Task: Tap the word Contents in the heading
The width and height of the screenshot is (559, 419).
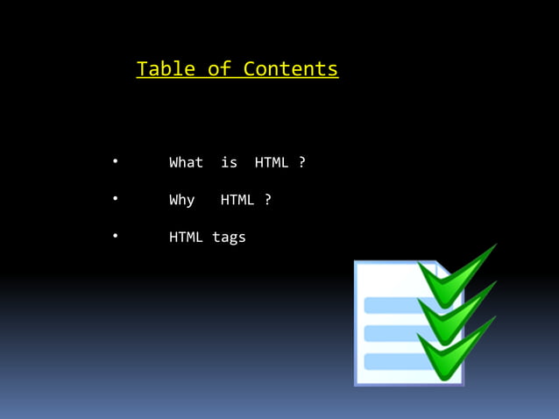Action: [291, 69]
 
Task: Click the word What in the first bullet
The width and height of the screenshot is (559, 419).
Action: [186, 162]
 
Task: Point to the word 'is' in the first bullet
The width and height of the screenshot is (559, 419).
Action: [229, 162]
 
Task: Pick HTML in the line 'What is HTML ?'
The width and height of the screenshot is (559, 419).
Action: [272, 162]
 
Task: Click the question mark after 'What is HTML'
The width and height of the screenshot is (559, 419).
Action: [302, 162]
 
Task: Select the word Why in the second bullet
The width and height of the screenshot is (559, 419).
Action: [181, 200]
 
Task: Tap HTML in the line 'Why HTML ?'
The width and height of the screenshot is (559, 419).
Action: [237, 200]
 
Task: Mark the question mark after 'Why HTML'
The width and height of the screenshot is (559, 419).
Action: [268, 200]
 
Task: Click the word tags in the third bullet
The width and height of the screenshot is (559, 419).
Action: [229, 237]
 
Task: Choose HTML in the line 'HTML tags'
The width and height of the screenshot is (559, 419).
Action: [186, 237]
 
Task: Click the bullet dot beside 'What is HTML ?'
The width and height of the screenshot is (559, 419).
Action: [115, 161]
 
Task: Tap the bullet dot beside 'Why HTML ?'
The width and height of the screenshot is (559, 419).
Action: [115, 198]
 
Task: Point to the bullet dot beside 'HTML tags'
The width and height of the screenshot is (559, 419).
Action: [115, 236]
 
